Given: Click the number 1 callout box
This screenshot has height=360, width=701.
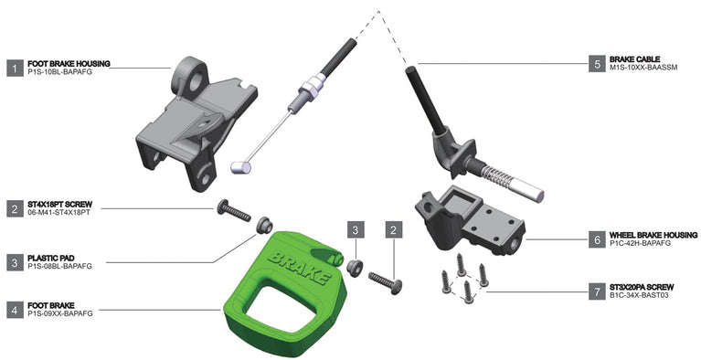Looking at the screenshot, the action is (x=16, y=68).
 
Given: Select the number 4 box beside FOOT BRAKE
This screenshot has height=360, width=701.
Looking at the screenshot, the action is (x=16, y=310).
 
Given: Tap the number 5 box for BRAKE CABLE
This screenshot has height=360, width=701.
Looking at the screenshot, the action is (x=597, y=64).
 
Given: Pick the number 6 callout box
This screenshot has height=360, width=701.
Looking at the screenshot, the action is (x=597, y=239).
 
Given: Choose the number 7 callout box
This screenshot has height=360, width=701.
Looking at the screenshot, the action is (x=597, y=291).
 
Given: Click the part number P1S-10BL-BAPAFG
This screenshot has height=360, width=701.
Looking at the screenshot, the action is (x=60, y=71).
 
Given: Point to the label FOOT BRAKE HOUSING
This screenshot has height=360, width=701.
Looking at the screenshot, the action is (x=69, y=64).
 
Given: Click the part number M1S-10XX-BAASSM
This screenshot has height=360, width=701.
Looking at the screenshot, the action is (x=643, y=68).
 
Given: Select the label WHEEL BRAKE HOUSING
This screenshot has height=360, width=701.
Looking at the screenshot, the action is (x=653, y=235).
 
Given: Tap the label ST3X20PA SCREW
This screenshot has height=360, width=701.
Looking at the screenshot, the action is (x=642, y=287).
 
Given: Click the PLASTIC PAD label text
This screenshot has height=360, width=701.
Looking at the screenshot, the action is (x=51, y=259).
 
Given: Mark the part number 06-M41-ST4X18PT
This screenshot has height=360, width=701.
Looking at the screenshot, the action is (x=59, y=213).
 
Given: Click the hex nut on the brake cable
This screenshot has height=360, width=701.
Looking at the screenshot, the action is (x=313, y=85).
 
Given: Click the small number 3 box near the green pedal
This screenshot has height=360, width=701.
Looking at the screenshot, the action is (x=356, y=230).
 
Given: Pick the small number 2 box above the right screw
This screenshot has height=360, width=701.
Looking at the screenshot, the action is (x=393, y=230).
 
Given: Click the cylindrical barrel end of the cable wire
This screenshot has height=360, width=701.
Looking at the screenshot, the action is (x=241, y=167).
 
